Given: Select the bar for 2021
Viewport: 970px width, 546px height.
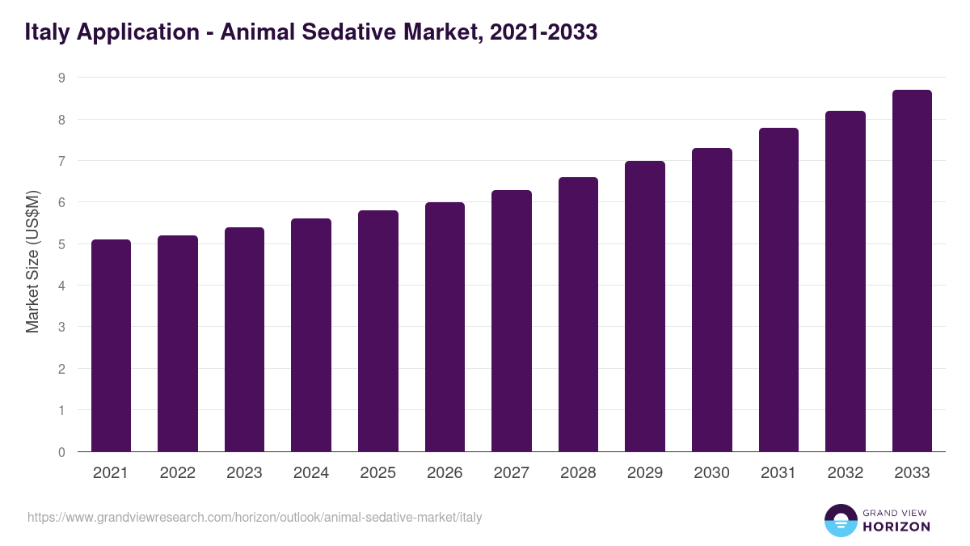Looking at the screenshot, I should tap(111, 345).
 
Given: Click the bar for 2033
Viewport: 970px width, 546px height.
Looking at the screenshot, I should tap(912, 271).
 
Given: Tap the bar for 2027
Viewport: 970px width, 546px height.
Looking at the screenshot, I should tap(511, 321).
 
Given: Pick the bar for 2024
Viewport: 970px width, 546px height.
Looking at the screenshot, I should tap(311, 335).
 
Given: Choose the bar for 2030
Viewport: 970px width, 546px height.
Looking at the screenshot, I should tap(711, 300).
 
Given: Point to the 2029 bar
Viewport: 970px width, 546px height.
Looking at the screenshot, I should tap(645, 307).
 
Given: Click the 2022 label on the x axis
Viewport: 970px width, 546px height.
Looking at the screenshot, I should tap(177, 473).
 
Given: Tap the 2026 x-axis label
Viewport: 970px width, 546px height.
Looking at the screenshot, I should tap(445, 473).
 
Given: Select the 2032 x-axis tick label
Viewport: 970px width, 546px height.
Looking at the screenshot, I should tap(846, 473).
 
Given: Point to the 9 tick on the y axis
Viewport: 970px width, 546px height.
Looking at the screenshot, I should tap(61, 78).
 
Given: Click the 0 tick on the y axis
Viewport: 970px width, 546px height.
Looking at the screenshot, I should tap(61, 452).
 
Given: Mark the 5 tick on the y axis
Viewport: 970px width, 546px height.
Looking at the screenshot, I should tap(61, 244).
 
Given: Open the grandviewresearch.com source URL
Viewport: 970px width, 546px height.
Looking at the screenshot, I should tap(255, 517).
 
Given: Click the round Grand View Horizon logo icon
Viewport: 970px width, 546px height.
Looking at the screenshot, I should tap(840, 520).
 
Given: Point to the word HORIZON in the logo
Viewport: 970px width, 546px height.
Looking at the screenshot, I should tap(896, 527).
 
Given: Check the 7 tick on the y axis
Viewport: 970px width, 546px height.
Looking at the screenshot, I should tap(61, 161).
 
